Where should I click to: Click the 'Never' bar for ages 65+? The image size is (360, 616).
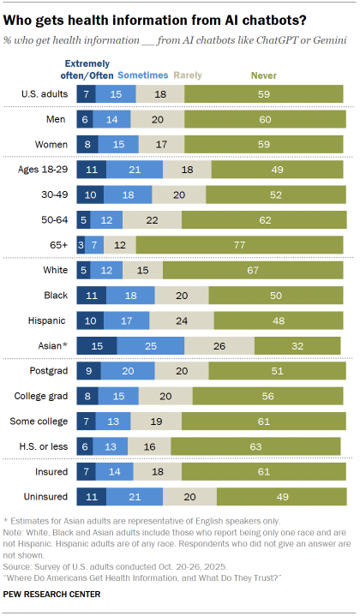click(x=240, y=245)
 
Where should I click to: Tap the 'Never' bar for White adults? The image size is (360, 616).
click(x=254, y=270)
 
